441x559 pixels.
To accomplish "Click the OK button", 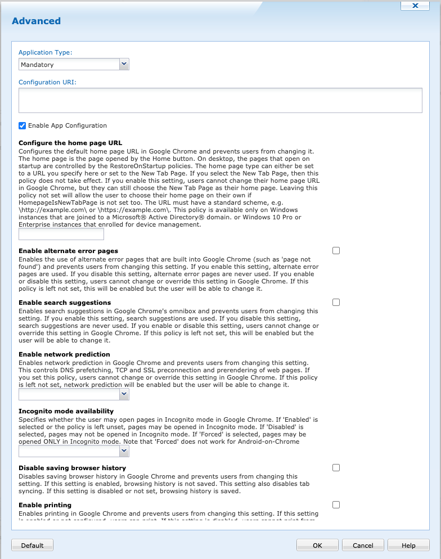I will point(318,545).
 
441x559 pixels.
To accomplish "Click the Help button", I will point(408,545).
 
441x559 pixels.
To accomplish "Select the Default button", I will point(33,545).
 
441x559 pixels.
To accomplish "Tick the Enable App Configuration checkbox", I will point(22,125).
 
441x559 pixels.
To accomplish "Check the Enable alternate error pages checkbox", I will point(336,251).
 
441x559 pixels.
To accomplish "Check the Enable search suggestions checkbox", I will point(336,303).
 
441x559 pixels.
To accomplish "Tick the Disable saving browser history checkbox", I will point(336,467).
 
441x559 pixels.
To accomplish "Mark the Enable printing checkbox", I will point(336,504).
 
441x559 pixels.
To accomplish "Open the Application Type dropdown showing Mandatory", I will point(74,65).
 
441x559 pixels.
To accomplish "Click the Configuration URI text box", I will point(220,100).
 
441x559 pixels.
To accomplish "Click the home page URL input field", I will point(61,234).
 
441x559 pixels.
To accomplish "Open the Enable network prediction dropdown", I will point(74,395).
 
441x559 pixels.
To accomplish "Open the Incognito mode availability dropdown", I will point(74,451).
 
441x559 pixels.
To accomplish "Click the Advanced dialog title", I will point(36,21).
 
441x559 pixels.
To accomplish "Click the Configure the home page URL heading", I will point(70,143).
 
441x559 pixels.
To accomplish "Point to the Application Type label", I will point(46,52).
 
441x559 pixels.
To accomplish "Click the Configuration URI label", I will point(47,82).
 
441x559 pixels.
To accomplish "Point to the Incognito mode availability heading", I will point(66,411).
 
